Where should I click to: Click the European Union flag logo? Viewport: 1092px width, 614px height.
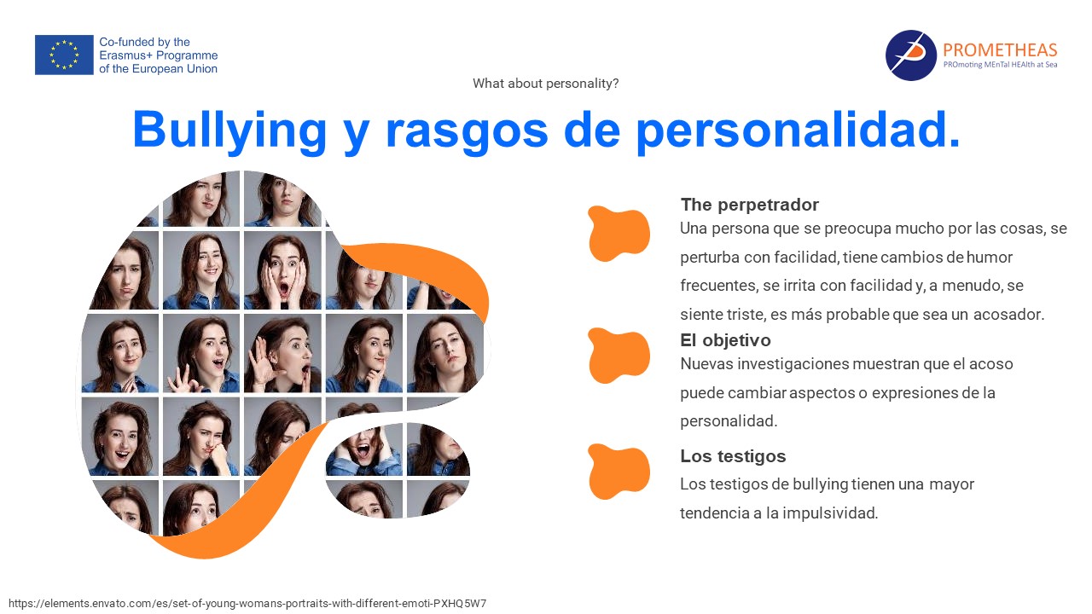coord(64,55)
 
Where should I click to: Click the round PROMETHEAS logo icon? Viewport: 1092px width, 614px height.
coord(910,55)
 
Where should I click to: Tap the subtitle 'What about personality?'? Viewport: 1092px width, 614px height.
coord(545,84)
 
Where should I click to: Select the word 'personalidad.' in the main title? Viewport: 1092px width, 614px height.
coord(799,130)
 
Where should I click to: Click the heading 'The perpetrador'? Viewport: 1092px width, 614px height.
coord(749,205)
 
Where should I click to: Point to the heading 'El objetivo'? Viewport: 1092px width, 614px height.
coord(725,340)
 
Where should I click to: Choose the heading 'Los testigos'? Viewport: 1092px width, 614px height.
coord(733,456)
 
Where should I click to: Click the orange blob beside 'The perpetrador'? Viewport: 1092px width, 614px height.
coord(619,233)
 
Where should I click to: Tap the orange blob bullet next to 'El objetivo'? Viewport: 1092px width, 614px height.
coord(619,355)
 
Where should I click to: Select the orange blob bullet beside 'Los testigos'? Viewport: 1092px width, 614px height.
coord(619,472)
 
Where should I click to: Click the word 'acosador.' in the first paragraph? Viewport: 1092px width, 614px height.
coord(1008,315)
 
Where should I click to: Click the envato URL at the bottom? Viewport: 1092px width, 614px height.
coord(247,603)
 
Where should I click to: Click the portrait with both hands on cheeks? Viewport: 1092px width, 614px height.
coord(282,270)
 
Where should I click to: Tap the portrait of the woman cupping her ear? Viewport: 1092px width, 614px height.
coord(282,353)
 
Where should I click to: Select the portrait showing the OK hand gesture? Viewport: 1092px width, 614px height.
coord(200,353)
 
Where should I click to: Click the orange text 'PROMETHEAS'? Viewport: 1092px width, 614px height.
coord(1000,49)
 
